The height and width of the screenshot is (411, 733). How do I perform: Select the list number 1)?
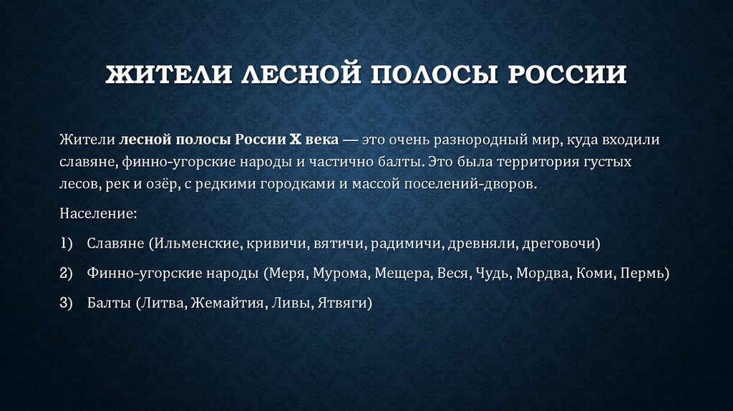click(67, 243)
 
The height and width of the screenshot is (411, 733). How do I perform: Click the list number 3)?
click(67, 303)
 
